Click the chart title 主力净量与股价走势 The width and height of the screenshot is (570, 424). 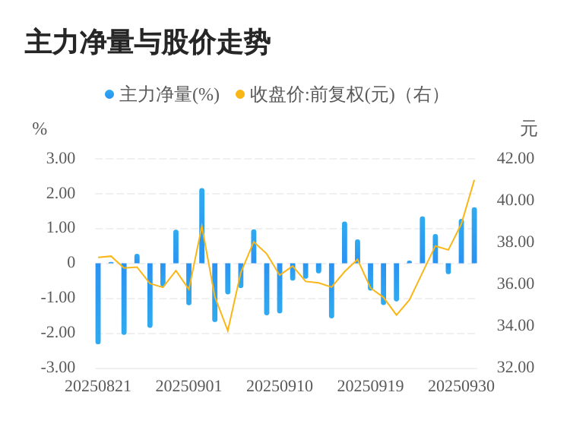click(147, 43)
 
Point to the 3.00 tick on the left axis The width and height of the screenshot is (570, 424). click(61, 158)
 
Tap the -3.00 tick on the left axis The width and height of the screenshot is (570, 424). click(59, 367)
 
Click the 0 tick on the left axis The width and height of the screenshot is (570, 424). click(71, 263)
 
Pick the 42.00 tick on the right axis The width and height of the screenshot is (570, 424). click(515, 158)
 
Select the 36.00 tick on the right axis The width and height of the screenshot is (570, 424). click(515, 283)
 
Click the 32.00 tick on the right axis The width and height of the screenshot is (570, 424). click(515, 367)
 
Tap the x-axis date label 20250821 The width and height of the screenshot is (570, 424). click(98, 386)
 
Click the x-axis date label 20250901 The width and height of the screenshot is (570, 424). click(188, 386)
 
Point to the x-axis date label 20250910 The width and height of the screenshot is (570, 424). click(280, 386)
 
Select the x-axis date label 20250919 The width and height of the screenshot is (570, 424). click(370, 386)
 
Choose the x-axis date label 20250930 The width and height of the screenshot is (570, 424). click(461, 386)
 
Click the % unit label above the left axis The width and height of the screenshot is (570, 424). click(40, 129)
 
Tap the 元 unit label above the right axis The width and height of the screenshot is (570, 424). click(528, 129)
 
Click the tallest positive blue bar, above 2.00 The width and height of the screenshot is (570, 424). click(202, 226)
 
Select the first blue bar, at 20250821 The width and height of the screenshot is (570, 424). click(98, 303)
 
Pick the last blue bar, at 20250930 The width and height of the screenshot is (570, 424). click(474, 236)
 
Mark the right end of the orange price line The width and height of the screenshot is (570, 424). click(474, 180)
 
